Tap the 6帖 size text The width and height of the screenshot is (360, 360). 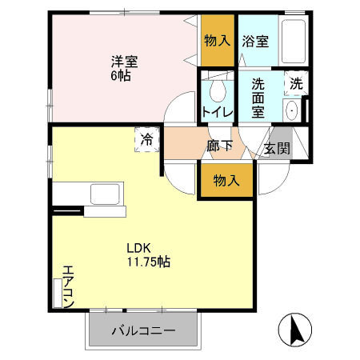(120, 75)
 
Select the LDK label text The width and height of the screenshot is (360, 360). (134, 247)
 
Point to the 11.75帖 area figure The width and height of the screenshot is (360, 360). (146, 262)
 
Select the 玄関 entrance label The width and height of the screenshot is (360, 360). (277, 148)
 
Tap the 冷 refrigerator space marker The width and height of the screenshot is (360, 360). (146, 140)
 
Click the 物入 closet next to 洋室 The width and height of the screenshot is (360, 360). (217, 38)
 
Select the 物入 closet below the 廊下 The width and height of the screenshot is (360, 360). (226, 182)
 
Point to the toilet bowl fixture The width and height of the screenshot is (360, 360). (214, 89)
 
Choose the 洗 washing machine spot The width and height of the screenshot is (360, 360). (296, 83)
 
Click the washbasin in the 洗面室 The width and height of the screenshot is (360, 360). (291, 110)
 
